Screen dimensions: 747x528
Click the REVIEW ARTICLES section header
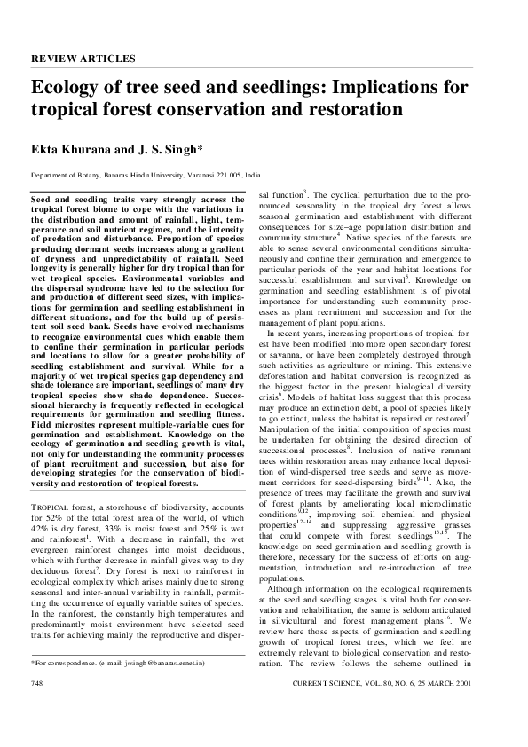click(x=83, y=59)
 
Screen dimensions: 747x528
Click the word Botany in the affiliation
click(x=86, y=176)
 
